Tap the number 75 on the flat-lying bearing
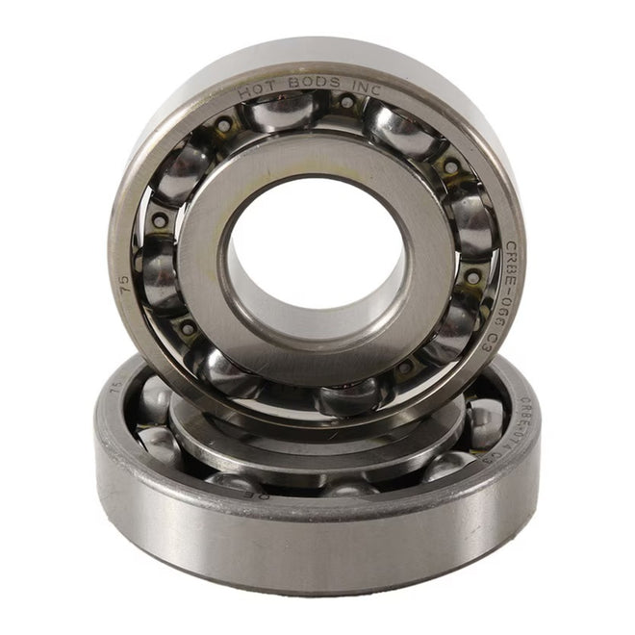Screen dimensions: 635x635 click(x=116, y=387)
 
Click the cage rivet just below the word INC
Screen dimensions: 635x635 click(x=346, y=102)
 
